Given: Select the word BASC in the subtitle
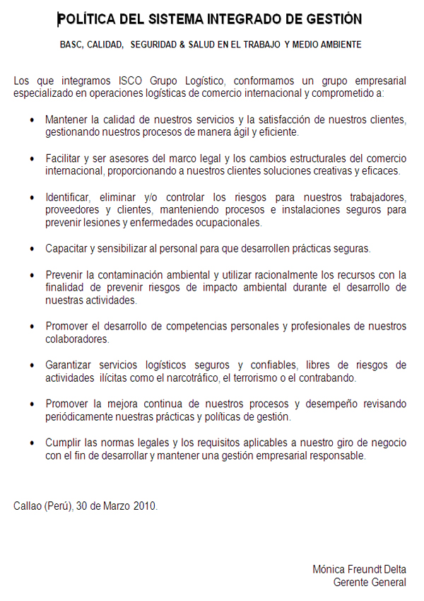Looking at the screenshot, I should [x=71, y=45].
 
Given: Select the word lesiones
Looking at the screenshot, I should [x=102, y=222].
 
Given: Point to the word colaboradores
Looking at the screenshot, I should [x=77, y=339].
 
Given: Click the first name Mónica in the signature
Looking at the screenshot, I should [x=329, y=570].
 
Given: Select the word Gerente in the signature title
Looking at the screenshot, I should [x=351, y=583].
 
